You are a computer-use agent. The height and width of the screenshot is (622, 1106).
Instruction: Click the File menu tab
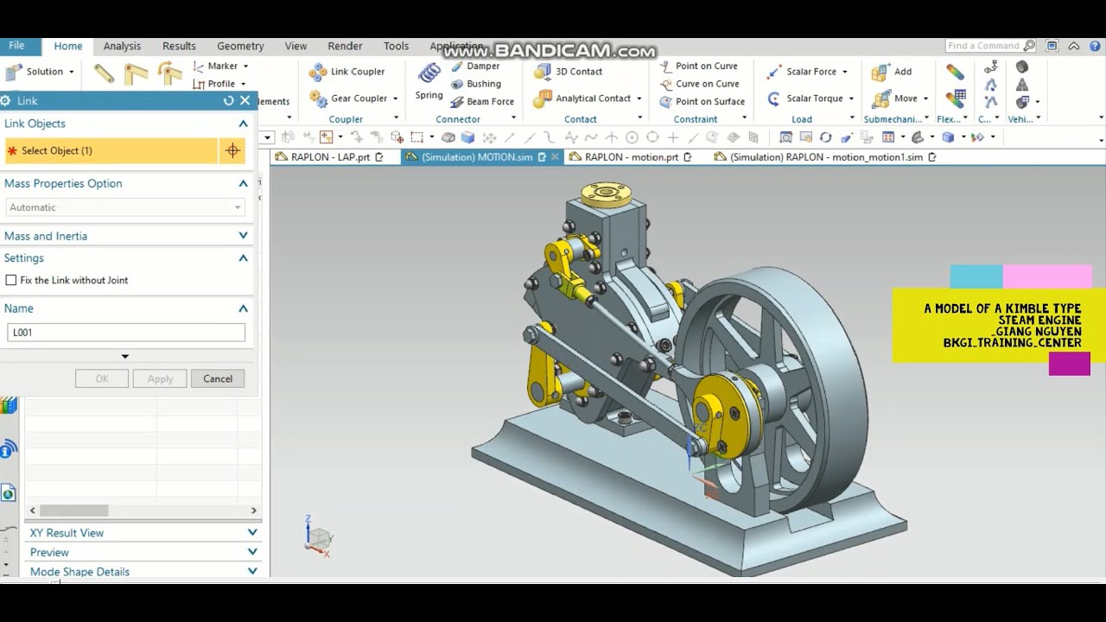pos(16,46)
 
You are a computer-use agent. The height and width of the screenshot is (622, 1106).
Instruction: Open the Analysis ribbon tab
pos(122,46)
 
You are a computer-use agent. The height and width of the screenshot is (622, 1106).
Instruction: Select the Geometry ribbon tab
pos(240,46)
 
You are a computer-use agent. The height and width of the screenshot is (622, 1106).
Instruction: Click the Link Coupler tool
pos(347,72)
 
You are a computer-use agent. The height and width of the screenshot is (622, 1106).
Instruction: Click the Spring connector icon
pos(429,81)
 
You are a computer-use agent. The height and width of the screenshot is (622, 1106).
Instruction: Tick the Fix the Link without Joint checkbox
pos(11,280)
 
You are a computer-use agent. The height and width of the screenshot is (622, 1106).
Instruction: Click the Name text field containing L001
pos(125,333)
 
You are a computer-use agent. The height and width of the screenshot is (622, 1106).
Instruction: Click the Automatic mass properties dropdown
pos(125,207)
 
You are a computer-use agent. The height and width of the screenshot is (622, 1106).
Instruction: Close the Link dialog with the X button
pos(245,101)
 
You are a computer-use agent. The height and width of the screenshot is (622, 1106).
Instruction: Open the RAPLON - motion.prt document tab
pos(631,157)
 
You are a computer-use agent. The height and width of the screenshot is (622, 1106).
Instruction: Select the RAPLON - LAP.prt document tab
pos(329,157)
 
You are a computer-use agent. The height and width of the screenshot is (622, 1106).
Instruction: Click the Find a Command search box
pos(983,46)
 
